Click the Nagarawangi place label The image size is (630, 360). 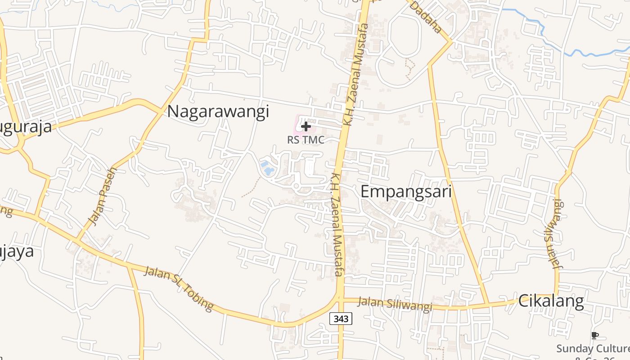(x=218, y=111)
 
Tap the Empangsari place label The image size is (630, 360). (x=406, y=192)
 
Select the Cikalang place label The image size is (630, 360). (x=551, y=301)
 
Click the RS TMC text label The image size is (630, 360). (x=306, y=140)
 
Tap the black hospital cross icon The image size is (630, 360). (x=306, y=126)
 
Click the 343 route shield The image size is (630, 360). (x=341, y=319)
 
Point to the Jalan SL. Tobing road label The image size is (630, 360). (x=179, y=288)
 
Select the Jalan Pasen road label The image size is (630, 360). (x=103, y=196)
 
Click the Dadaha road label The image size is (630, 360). (x=426, y=17)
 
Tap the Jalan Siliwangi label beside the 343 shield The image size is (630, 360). (x=394, y=304)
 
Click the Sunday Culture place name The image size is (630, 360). (x=593, y=349)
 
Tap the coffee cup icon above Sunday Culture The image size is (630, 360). (x=594, y=335)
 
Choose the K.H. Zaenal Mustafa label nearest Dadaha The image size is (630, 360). (x=355, y=74)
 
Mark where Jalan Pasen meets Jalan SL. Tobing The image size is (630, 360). (x=78, y=239)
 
